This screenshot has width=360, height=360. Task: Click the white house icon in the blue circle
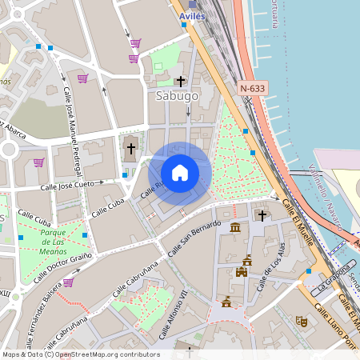point(180,173)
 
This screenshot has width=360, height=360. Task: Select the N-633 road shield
point(252,87)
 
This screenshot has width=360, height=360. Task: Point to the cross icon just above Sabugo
point(181,81)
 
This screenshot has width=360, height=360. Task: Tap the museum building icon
point(234,228)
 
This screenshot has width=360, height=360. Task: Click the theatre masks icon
point(302,321)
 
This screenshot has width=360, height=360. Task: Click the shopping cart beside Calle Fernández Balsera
point(68,282)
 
